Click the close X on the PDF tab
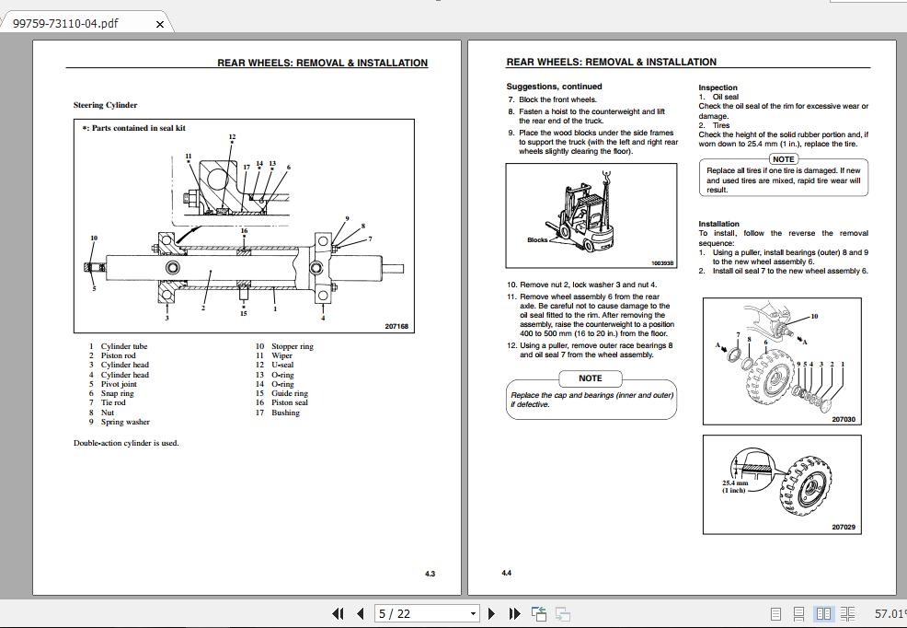159,24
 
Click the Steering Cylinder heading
105,105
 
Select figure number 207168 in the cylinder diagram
396,326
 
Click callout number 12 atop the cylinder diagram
232,137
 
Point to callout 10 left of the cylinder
94,238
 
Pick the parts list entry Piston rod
118,355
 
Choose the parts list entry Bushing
285,413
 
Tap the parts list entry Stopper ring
292,346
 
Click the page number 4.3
430,574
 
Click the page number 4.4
507,573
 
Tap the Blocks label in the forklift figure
536,239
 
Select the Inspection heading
718,87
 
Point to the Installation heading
718,224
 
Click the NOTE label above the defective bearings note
590,378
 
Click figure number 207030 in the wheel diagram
843,419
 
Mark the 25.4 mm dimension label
735,483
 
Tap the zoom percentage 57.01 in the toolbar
889,613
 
